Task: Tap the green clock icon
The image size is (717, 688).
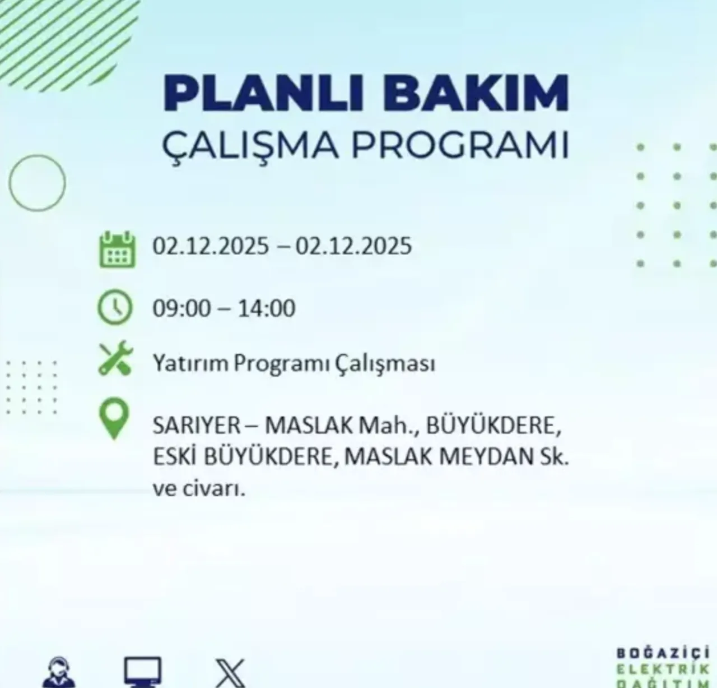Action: pos(115,307)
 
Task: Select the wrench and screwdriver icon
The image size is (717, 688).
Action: pos(115,358)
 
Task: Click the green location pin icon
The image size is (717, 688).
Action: pos(114,419)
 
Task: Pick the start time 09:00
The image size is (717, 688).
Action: pos(181,308)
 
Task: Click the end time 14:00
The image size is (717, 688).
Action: pos(267,308)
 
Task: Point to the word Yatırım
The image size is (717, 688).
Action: pos(190,363)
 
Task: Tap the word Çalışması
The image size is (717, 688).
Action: pos(385,363)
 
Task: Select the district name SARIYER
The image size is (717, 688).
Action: pos(196,426)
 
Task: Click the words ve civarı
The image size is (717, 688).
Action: pos(199,489)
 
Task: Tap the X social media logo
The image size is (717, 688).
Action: pos(230,673)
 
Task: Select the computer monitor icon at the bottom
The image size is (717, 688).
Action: pos(143,672)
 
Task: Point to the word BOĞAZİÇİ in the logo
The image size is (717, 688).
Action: pos(663,653)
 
